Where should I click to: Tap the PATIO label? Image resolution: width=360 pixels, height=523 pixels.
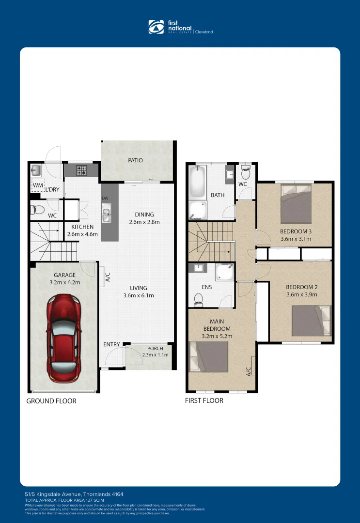click(x=135, y=160)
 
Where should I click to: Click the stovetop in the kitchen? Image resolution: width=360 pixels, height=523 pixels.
click(x=81, y=170)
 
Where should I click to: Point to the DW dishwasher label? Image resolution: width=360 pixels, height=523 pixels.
click(x=105, y=199)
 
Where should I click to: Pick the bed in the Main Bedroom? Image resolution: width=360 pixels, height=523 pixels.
click(x=209, y=357)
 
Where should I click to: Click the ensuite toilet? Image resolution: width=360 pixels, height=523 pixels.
click(x=198, y=300)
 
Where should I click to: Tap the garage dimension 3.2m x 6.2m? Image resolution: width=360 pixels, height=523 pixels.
click(x=64, y=282)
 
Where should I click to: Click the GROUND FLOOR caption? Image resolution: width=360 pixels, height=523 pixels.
click(x=51, y=401)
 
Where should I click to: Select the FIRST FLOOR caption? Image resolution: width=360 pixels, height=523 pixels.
click(x=204, y=400)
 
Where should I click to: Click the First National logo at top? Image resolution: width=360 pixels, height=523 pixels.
click(x=180, y=27)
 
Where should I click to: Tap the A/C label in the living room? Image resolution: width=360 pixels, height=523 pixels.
click(x=108, y=277)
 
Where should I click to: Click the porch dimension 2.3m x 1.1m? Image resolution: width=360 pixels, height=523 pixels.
click(x=156, y=355)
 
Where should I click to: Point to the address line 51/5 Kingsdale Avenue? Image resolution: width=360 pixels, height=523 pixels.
click(x=74, y=494)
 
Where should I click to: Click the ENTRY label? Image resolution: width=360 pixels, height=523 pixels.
click(x=111, y=344)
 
